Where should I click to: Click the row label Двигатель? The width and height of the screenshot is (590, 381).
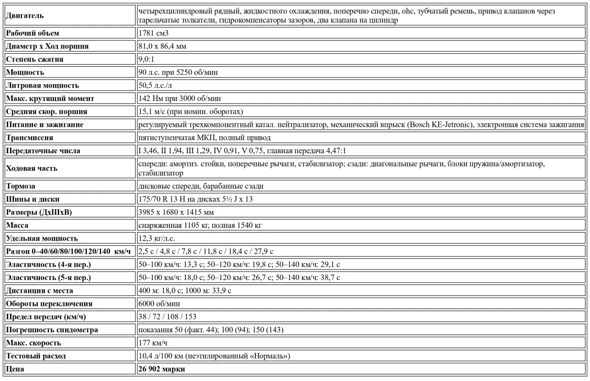point(25,16)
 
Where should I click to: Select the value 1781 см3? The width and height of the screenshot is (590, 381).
point(150,33)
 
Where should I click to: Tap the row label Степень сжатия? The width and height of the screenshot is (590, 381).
point(35,59)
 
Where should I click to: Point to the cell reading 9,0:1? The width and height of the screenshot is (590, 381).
point(147,59)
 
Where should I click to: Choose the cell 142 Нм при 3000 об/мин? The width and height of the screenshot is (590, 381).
point(180,99)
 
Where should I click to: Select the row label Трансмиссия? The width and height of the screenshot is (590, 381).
point(29,138)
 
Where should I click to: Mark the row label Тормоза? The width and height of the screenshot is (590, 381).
point(20,186)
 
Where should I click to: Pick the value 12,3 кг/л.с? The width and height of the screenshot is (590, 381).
point(157,238)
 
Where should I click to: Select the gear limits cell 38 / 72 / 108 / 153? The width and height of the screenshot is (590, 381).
point(167,316)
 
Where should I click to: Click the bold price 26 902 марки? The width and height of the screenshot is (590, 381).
point(162,369)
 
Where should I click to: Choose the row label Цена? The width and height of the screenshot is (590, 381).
point(15,369)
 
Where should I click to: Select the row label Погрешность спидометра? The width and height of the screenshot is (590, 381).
point(52,330)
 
